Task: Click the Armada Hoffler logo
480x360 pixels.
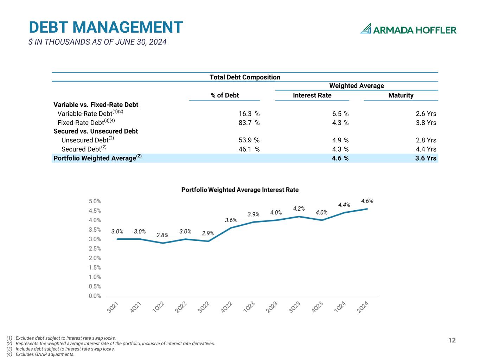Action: [408, 29]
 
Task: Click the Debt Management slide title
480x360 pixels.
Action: [106, 27]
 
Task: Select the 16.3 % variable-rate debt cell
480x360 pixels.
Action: [249, 114]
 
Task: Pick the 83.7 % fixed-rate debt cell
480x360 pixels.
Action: [249, 123]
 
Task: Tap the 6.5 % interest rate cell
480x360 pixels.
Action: [340, 114]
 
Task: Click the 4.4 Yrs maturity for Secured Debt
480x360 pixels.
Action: [426, 149]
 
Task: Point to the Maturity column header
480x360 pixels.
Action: [401, 95]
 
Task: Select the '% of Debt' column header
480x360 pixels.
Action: [225, 95]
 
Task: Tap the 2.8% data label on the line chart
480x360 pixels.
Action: [162, 235]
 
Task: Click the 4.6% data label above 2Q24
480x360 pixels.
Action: [367, 201]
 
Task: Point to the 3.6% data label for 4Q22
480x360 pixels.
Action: [231, 220]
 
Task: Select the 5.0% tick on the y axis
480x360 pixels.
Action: [95, 201]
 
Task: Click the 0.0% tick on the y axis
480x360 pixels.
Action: [95, 296]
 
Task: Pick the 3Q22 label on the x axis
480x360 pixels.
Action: [204, 307]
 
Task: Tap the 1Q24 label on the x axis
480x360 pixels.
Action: [340, 307]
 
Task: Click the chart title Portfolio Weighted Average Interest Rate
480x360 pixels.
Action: [240, 190]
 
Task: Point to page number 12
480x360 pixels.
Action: [452, 340]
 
